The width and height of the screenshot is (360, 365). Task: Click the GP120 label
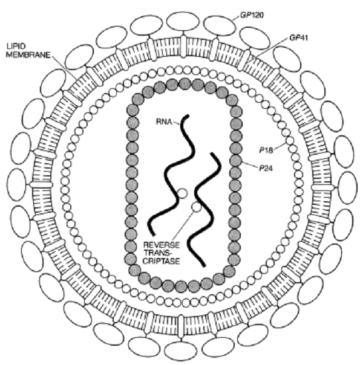click(252, 15)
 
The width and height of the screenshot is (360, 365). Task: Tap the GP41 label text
click(298, 37)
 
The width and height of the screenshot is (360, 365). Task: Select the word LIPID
click(16, 47)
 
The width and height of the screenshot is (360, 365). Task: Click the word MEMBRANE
click(28, 55)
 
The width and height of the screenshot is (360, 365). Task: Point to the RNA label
click(164, 121)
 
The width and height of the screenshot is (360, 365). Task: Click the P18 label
click(266, 150)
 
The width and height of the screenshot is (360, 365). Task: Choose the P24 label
click(266, 168)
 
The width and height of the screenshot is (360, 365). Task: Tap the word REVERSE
click(162, 245)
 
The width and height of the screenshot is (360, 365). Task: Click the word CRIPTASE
click(162, 261)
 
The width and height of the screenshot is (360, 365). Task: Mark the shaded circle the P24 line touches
click(235, 161)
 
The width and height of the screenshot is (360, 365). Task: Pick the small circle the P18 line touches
click(290, 141)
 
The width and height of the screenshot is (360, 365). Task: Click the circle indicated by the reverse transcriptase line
click(197, 207)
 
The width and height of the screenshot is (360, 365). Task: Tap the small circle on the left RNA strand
click(183, 193)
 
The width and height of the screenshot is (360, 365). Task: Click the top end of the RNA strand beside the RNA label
click(188, 115)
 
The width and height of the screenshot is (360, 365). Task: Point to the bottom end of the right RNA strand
click(204, 266)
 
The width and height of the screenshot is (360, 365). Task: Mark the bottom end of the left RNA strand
click(153, 234)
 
